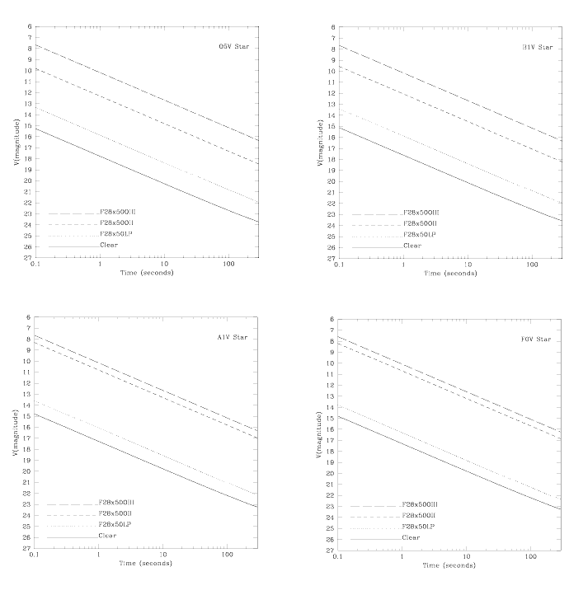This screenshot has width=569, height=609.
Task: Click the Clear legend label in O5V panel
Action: (x=108, y=245)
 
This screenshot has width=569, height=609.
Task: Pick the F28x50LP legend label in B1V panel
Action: (x=419, y=235)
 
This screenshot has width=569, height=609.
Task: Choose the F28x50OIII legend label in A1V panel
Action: (x=116, y=503)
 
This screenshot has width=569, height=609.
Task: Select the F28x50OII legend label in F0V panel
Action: (x=418, y=515)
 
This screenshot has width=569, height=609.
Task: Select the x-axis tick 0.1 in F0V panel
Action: (x=338, y=558)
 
